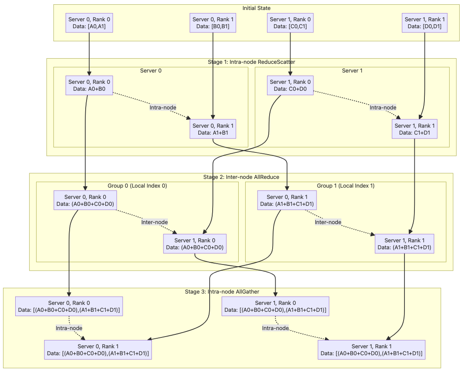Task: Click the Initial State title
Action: pos(256,8)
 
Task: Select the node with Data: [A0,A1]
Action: pos(89,23)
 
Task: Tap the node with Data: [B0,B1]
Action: pos(213,23)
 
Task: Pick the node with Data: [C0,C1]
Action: pos(290,23)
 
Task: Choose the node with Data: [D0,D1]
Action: pos(424,23)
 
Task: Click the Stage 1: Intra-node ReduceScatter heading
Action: pos(251,62)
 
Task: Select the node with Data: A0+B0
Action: pos(89,86)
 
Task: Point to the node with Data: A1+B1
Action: pos(213,129)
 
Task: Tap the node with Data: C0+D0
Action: pos(290,86)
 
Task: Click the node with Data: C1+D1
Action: pos(414,129)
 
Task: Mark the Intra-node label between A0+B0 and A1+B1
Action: pos(163,107)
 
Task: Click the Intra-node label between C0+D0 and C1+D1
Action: pos(383,107)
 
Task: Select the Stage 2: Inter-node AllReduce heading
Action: pos(241,177)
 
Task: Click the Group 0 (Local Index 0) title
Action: pos(137,185)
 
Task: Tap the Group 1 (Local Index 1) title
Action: pos(346,185)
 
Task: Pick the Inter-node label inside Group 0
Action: pos(154,222)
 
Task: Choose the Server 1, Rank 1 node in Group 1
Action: pos(404,244)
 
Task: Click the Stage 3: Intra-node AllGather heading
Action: pos(222,292)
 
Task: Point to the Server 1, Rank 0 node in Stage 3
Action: pos(275,306)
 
